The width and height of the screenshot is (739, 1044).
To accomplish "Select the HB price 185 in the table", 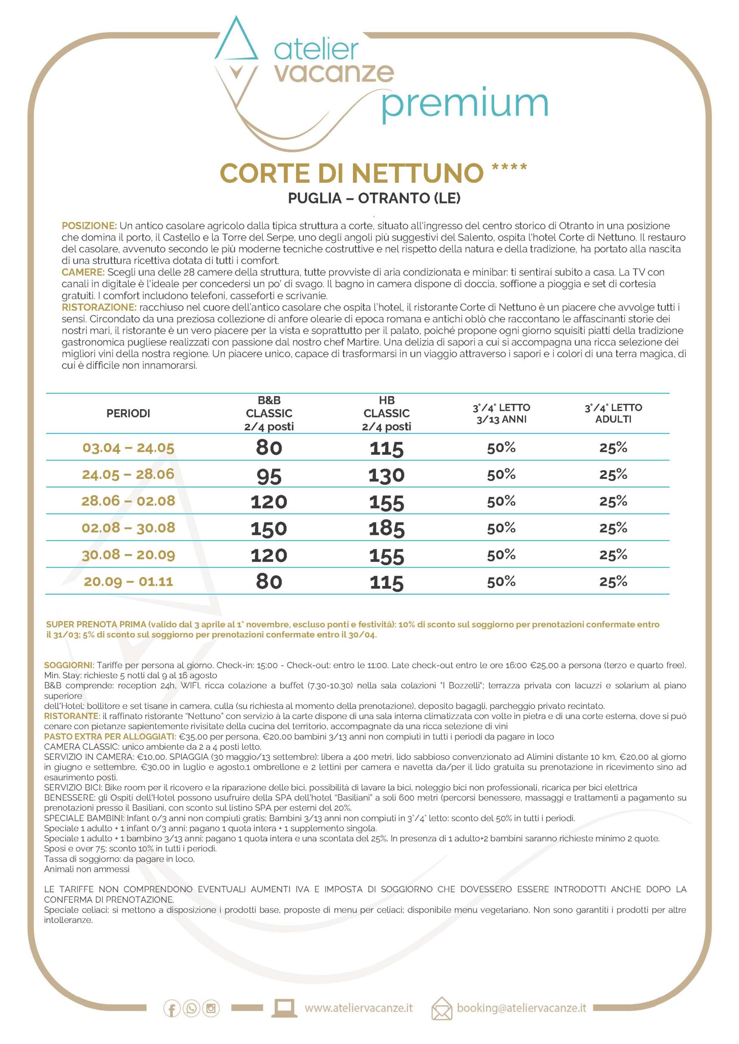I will pyautogui.click(x=386, y=529).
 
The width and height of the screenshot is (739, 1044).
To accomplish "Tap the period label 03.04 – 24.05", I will pyautogui.click(x=128, y=448).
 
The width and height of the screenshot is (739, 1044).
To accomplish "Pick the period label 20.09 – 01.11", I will pyautogui.click(x=128, y=582).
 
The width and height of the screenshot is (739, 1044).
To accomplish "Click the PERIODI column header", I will pyautogui.click(x=128, y=414).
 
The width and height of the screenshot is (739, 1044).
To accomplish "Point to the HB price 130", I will pyautogui.click(x=386, y=476).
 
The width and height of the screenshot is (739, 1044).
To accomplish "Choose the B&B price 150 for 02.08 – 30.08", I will pyautogui.click(x=269, y=529).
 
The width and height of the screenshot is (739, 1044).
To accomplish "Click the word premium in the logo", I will pyautogui.click(x=464, y=104).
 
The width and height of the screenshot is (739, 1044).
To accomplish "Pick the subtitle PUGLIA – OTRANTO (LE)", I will pyautogui.click(x=374, y=198).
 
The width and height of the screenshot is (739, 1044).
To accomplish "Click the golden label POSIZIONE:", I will pyautogui.click(x=89, y=226).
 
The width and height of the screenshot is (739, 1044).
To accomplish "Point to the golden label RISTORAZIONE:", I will pyautogui.click(x=99, y=307).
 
